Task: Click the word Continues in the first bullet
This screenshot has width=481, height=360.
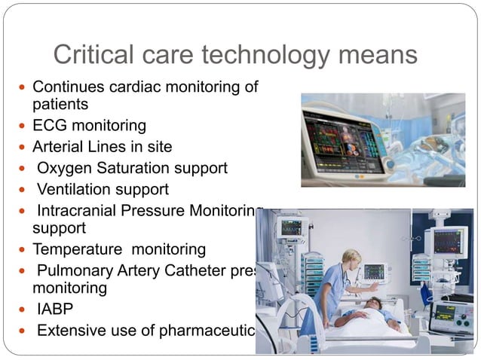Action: pyautogui.click(x=69, y=87)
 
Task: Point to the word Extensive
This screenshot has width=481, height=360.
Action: pyautogui.click(x=69, y=330)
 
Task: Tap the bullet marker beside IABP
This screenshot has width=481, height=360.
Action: pyautogui.click(x=23, y=310)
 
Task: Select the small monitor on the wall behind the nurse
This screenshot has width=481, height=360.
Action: pyautogui.click(x=375, y=271)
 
